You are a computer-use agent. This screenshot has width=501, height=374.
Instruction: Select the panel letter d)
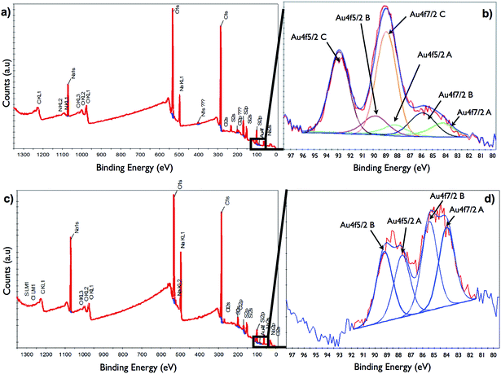point(489,196)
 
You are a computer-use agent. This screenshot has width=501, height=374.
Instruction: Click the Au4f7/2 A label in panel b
point(477,112)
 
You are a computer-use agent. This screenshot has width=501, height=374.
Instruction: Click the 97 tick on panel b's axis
point(291,154)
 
